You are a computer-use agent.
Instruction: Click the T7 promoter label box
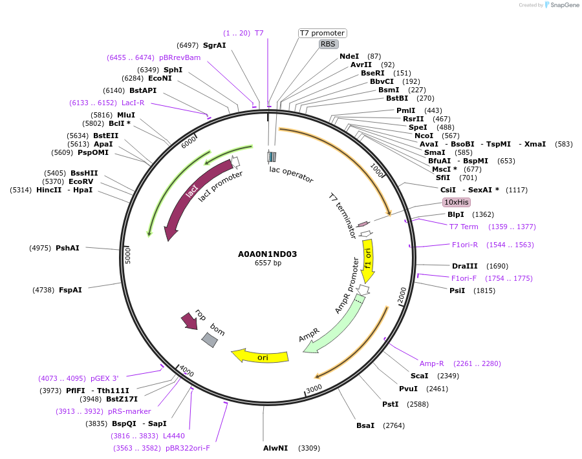click(x=322, y=33)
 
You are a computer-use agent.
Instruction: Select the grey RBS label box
click(x=329, y=44)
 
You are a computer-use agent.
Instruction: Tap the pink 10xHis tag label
click(x=456, y=202)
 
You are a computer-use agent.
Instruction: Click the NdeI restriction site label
click(x=349, y=57)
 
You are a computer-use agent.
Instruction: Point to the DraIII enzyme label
click(x=465, y=266)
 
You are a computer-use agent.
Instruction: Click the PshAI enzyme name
click(x=67, y=248)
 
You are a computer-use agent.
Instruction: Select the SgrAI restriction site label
click(x=214, y=45)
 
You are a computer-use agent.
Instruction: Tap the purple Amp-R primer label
click(x=432, y=363)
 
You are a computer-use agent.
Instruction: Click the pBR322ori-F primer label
click(x=188, y=448)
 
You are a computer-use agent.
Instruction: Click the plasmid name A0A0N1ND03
click(x=268, y=254)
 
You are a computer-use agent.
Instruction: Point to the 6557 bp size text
click(x=268, y=263)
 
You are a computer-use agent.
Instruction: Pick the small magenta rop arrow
click(x=189, y=320)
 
